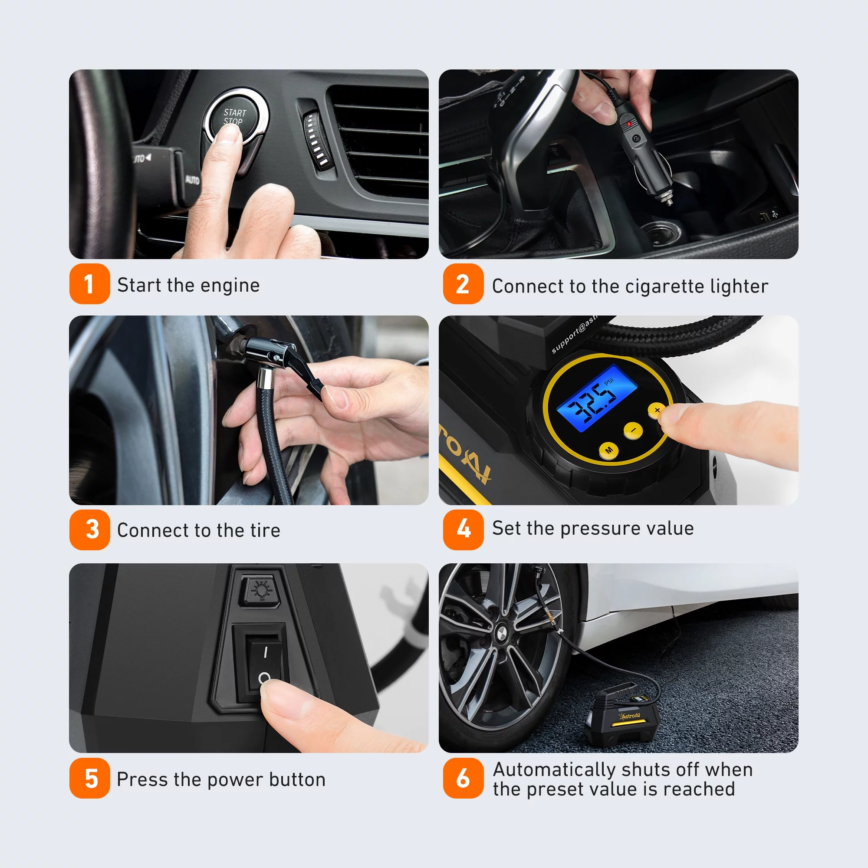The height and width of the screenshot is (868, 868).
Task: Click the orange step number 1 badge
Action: coord(89,284)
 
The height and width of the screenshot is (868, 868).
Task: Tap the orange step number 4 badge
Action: coord(463,529)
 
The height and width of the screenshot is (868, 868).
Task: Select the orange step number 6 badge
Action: coord(463,778)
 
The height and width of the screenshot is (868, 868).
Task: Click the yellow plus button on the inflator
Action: coord(656,410)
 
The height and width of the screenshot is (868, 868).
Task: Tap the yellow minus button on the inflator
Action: coord(633,431)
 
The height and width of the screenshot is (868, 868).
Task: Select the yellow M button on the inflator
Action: coord(609,450)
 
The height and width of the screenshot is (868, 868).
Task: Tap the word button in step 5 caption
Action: coord(297,779)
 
